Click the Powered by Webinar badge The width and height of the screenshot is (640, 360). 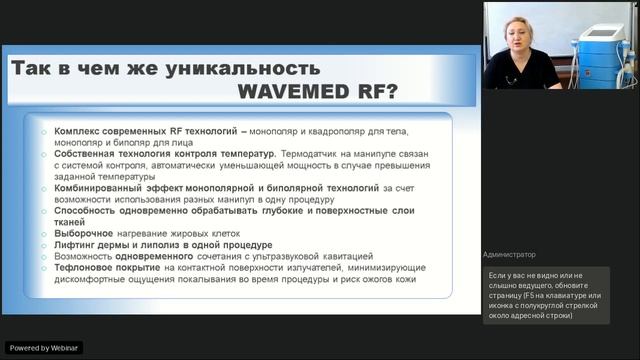click(x=44, y=347)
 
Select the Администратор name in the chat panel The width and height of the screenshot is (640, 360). click(x=509, y=254)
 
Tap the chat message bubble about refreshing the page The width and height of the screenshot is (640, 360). click(x=545, y=294)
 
